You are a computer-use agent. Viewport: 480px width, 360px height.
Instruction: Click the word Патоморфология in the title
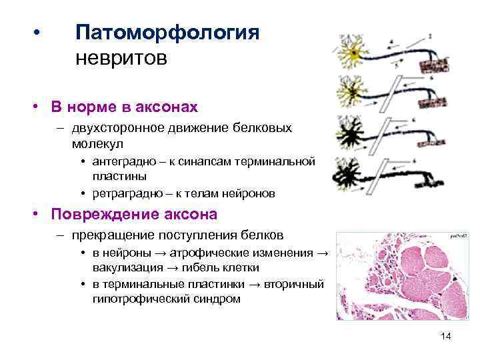pyautogui.click(x=167, y=33)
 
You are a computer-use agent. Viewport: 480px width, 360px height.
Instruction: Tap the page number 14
pyautogui.click(x=446, y=337)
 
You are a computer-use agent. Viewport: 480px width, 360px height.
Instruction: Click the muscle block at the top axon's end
pyautogui.click(x=437, y=65)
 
